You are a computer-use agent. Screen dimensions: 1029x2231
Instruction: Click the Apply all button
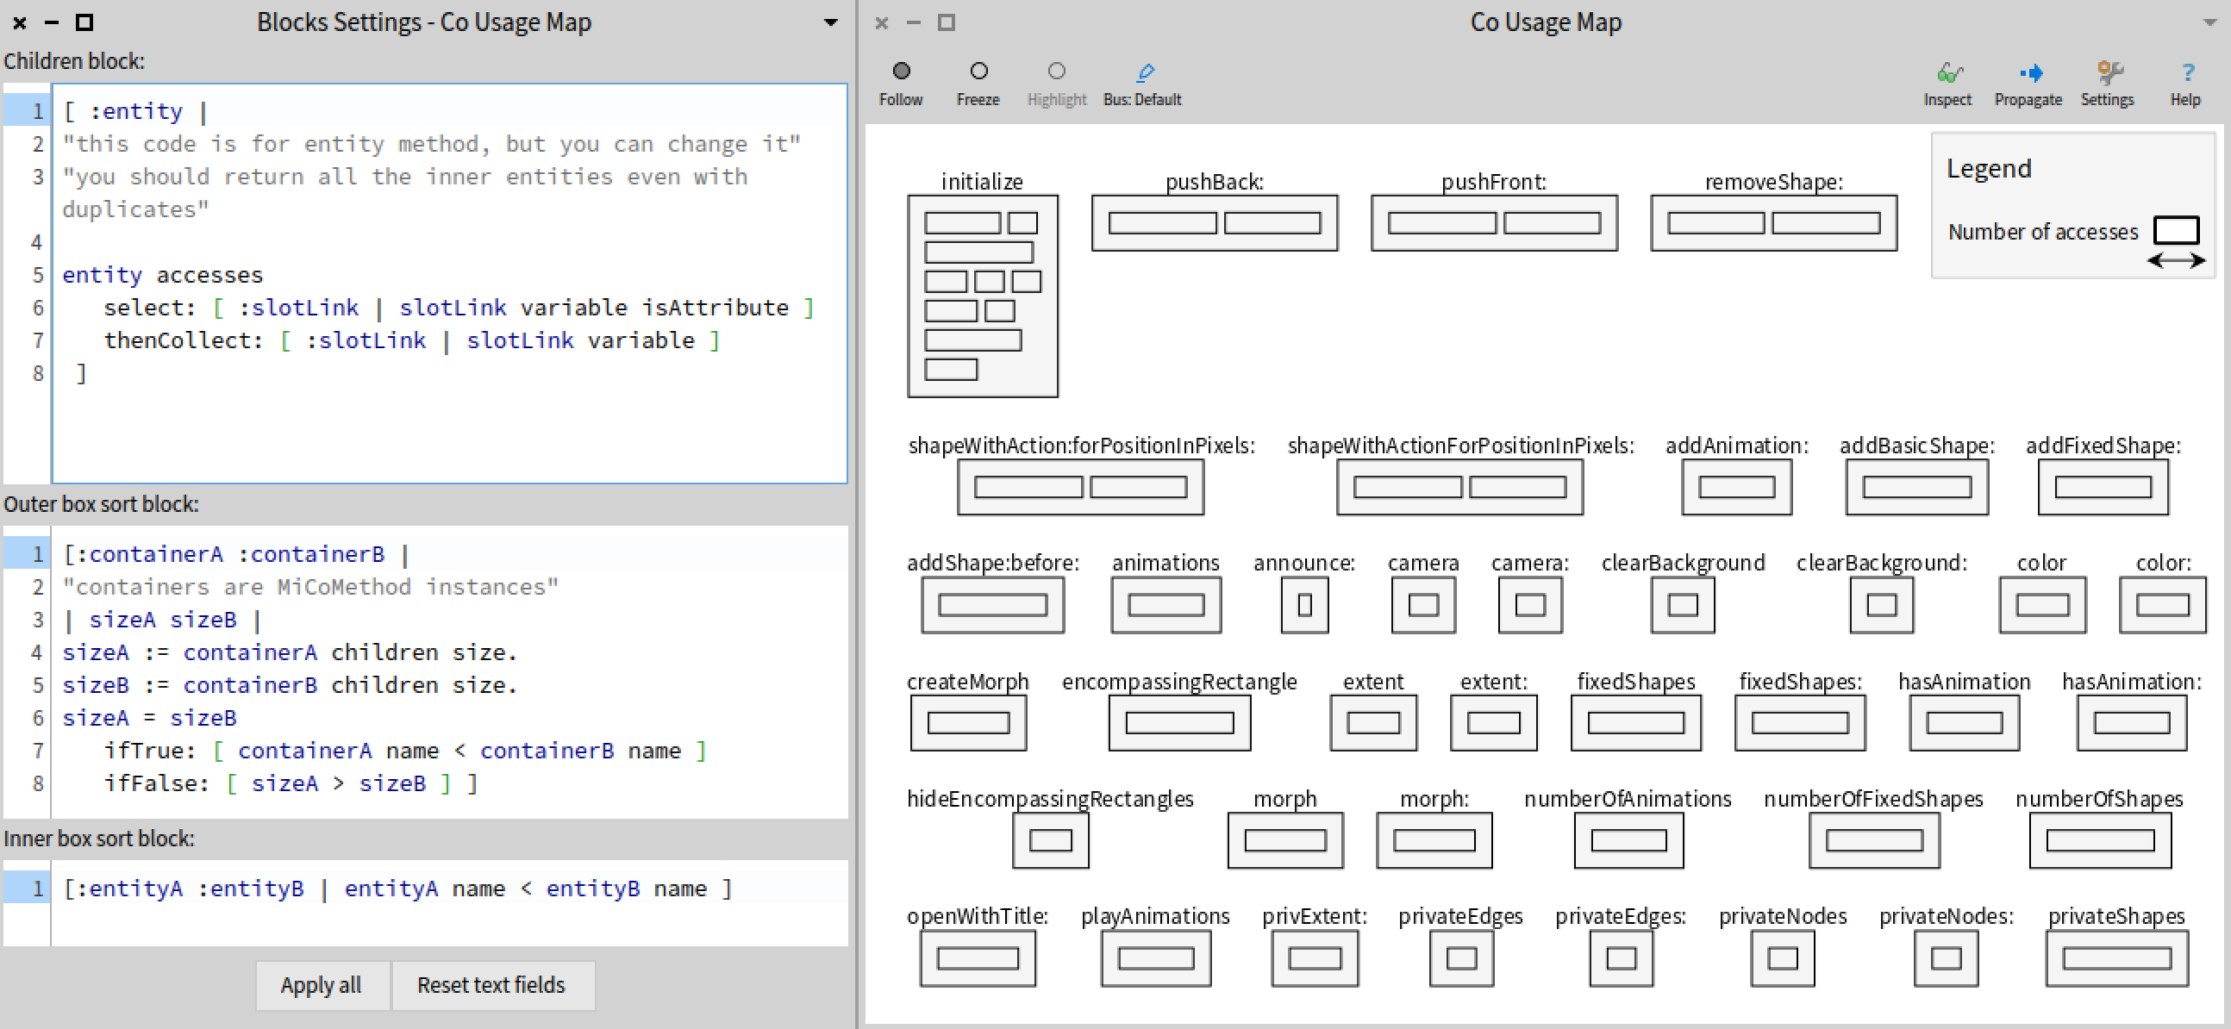tap(321, 985)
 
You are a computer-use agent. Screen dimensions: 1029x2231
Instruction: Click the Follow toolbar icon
tap(901, 71)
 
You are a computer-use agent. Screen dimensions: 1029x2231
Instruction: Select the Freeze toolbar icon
tap(978, 71)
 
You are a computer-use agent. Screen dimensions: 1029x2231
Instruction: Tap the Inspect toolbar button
tap(1947, 72)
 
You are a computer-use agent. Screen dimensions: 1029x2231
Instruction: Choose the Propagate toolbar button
tap(2028, 72)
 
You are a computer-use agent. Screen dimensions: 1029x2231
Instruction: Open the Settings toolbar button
tap(2108, 72)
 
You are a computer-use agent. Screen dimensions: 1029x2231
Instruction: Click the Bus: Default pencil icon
tap(1144, 72)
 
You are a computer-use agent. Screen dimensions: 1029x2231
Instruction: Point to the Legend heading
tap(1988, 168)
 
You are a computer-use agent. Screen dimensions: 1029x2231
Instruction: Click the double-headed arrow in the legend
tap(2175, 260)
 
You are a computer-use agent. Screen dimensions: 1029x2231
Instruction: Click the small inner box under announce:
tap(1304, 605)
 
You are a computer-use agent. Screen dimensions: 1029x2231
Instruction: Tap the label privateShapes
tap(2115, 915)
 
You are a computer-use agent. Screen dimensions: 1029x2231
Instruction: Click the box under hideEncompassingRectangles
tap(1050, 840)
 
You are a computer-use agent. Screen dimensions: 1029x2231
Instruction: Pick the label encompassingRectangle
tap(1178, 682)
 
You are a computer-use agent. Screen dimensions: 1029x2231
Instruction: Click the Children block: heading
tap(74, 61)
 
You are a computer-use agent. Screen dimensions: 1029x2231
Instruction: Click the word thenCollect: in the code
tap(183, 340)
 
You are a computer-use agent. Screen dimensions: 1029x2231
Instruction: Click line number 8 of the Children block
tap(37, 373)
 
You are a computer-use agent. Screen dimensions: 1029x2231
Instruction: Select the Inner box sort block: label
tap(99, 839)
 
